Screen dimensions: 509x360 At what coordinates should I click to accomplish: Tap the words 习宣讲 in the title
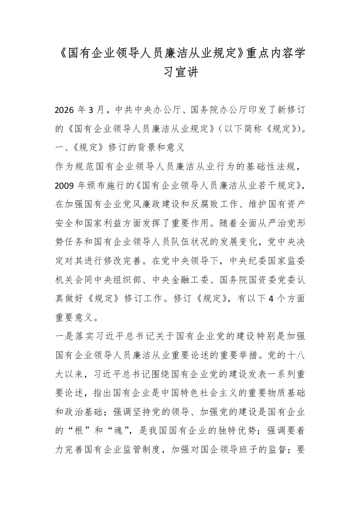tap(180, 72)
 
